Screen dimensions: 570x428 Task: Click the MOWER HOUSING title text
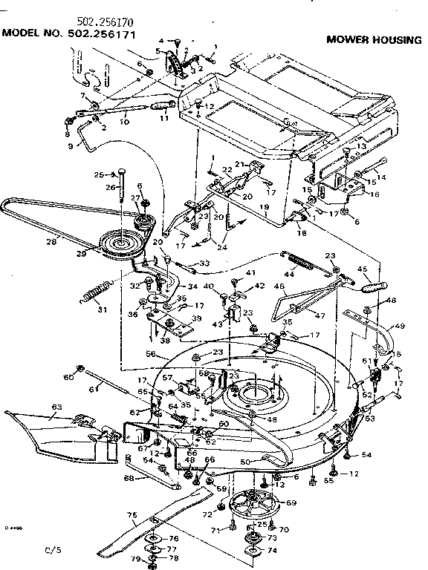click(x=373, y=39)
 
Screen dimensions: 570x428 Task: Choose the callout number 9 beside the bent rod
click(x=71, y=146)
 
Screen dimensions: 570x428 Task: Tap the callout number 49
click(x=400, y=324)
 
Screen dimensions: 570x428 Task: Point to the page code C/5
click(x=51, y=550)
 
